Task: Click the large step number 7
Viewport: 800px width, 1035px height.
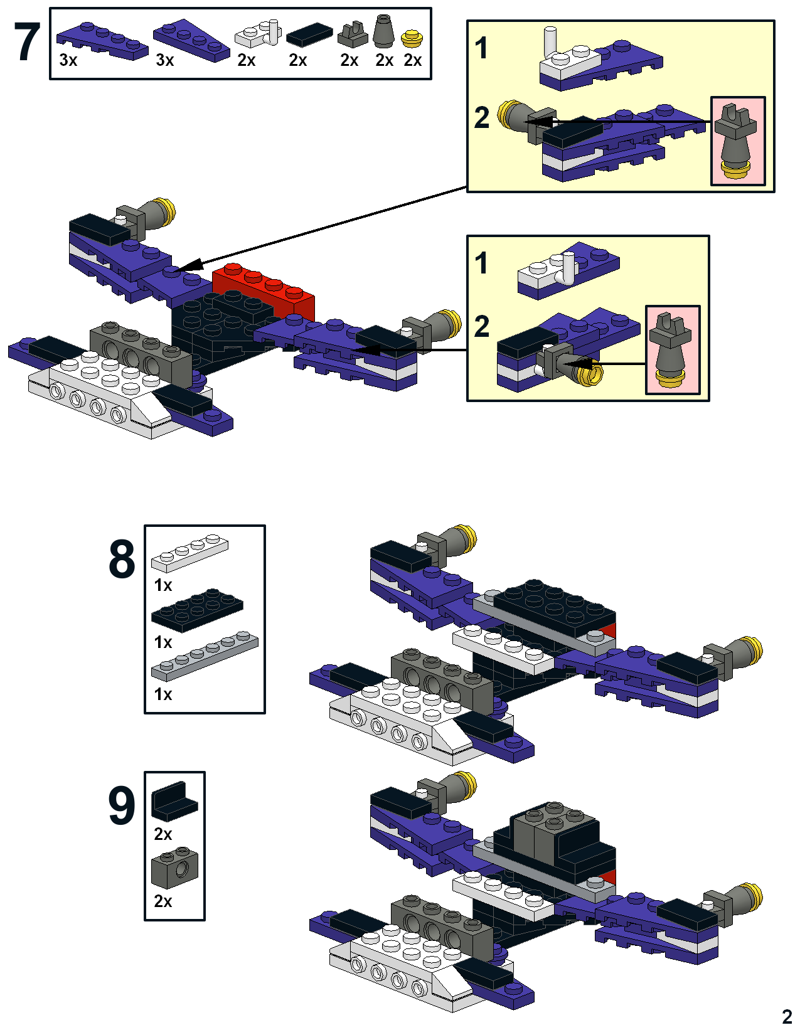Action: click(27, 43)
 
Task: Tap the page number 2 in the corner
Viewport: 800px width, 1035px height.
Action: click(787, 1016)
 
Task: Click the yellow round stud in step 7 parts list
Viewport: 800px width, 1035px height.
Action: click(412, 39)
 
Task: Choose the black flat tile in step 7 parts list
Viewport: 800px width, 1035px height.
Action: click(309, 35)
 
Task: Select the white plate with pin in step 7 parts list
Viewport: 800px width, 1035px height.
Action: click(258, 34)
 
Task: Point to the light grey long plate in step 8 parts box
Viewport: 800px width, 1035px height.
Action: click(205, 655)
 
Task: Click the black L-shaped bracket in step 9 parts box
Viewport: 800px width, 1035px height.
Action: click(174, 801)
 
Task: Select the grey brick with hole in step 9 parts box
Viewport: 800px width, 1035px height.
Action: click(174, 869)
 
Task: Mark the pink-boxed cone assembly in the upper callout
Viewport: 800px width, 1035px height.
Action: click(737, 141)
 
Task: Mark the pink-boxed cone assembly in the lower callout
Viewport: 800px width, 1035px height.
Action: click(673, 350)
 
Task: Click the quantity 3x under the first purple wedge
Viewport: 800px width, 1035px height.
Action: click(68, 60)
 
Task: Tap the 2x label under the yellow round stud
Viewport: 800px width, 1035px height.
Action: click(412, 60)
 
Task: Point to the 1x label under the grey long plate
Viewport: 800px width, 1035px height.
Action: click(163, 694)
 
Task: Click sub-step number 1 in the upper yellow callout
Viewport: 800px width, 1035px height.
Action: click(481, 48)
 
